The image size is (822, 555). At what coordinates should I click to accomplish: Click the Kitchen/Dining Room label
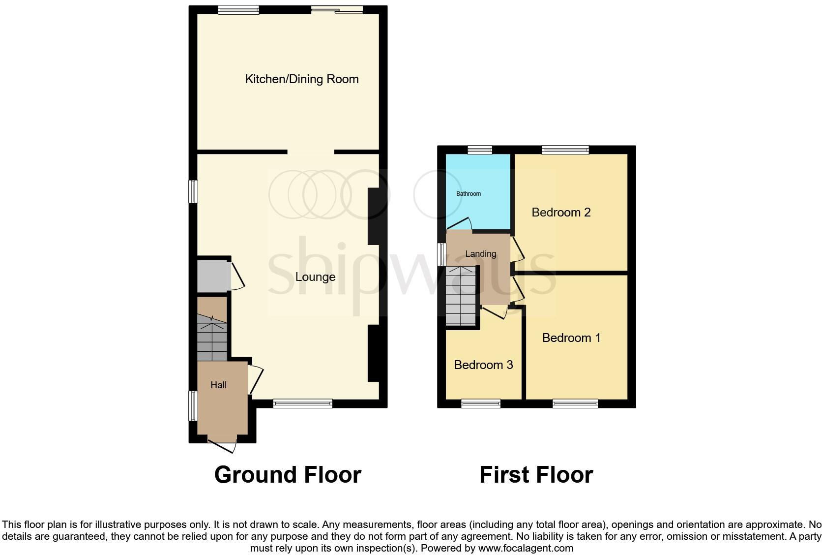point(301,79)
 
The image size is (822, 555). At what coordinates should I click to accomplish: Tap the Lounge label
point(315,277)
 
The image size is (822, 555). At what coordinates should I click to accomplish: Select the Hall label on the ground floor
point(218,385)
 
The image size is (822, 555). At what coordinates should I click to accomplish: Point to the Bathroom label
point(468,194)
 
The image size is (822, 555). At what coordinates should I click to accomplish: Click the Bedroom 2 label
point(561,213)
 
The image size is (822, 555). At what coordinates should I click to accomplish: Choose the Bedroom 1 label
point(571,338)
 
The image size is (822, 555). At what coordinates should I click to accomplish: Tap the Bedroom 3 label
point(483,365)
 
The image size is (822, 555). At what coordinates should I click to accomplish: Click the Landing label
point(480,254)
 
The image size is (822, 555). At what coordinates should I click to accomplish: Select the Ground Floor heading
point(288,475)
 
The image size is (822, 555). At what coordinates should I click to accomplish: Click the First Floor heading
point(536,475)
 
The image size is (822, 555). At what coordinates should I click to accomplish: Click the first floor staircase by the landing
point(461,296)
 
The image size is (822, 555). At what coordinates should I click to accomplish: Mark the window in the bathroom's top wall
point(480,150)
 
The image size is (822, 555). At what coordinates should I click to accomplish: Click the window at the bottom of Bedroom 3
point(481,404)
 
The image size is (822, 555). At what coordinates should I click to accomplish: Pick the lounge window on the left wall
point(194,191)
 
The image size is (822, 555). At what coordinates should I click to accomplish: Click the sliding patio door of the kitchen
point(337,9)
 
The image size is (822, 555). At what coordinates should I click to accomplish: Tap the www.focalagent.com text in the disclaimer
point(526,548)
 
